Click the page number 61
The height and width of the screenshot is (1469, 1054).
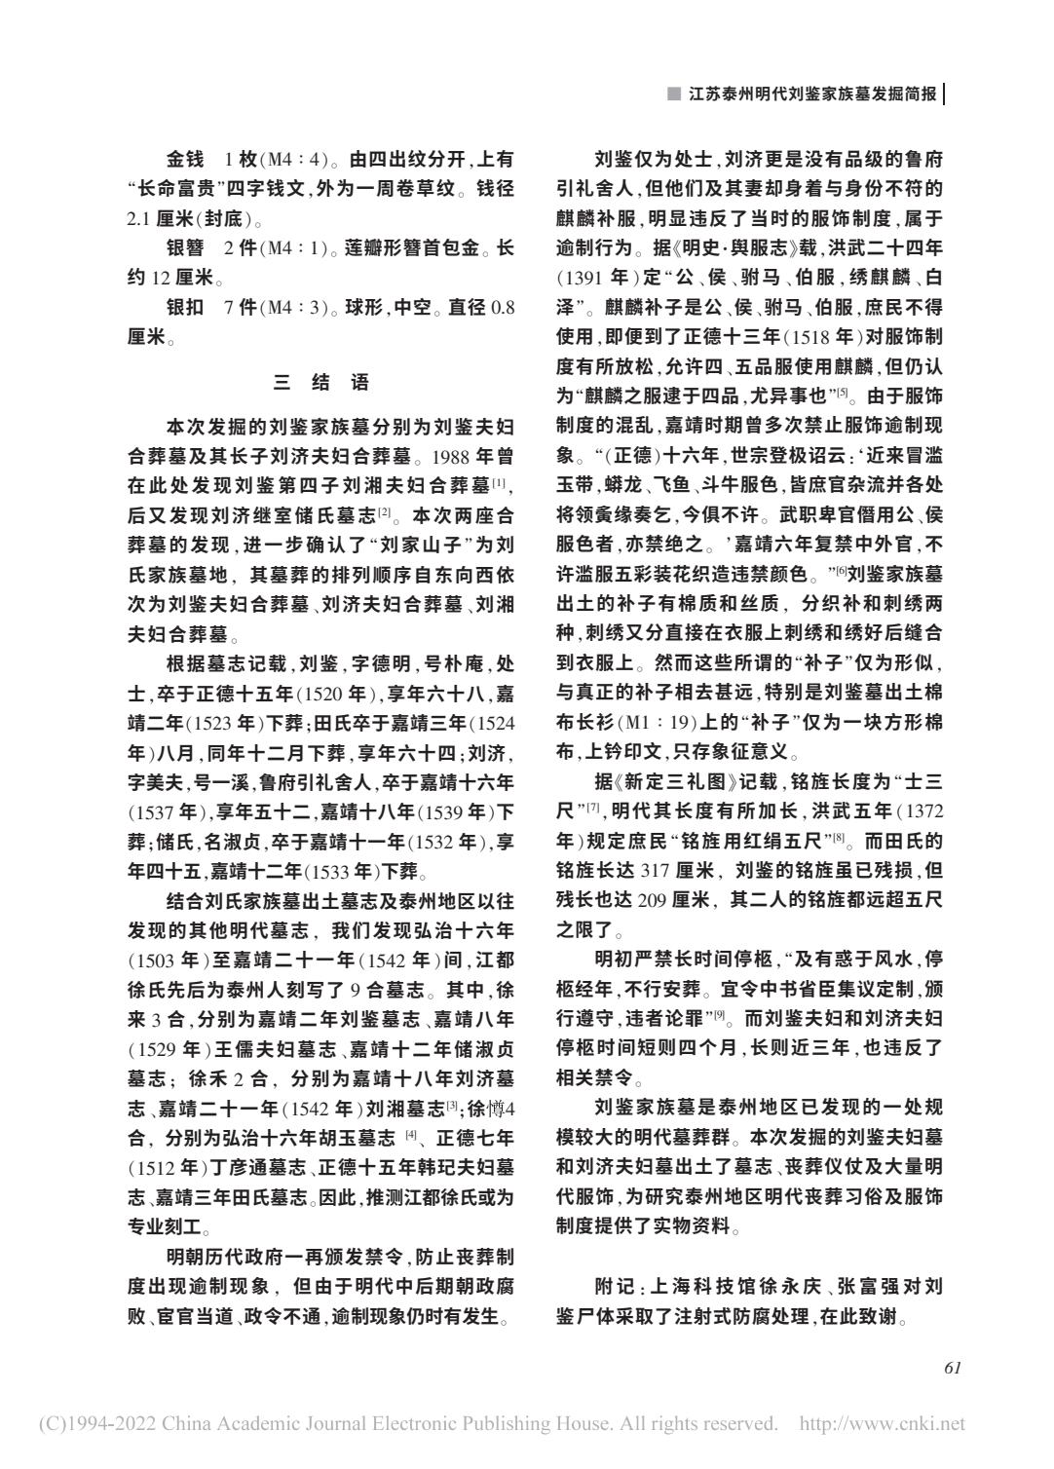[953, 1367]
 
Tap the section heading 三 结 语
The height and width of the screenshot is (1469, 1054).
[321, 382]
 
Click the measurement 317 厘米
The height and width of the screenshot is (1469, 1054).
[675, 869]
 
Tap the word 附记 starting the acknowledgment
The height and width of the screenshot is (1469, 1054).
[613, 1287]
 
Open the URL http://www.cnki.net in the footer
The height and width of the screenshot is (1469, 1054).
[882, 1424]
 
